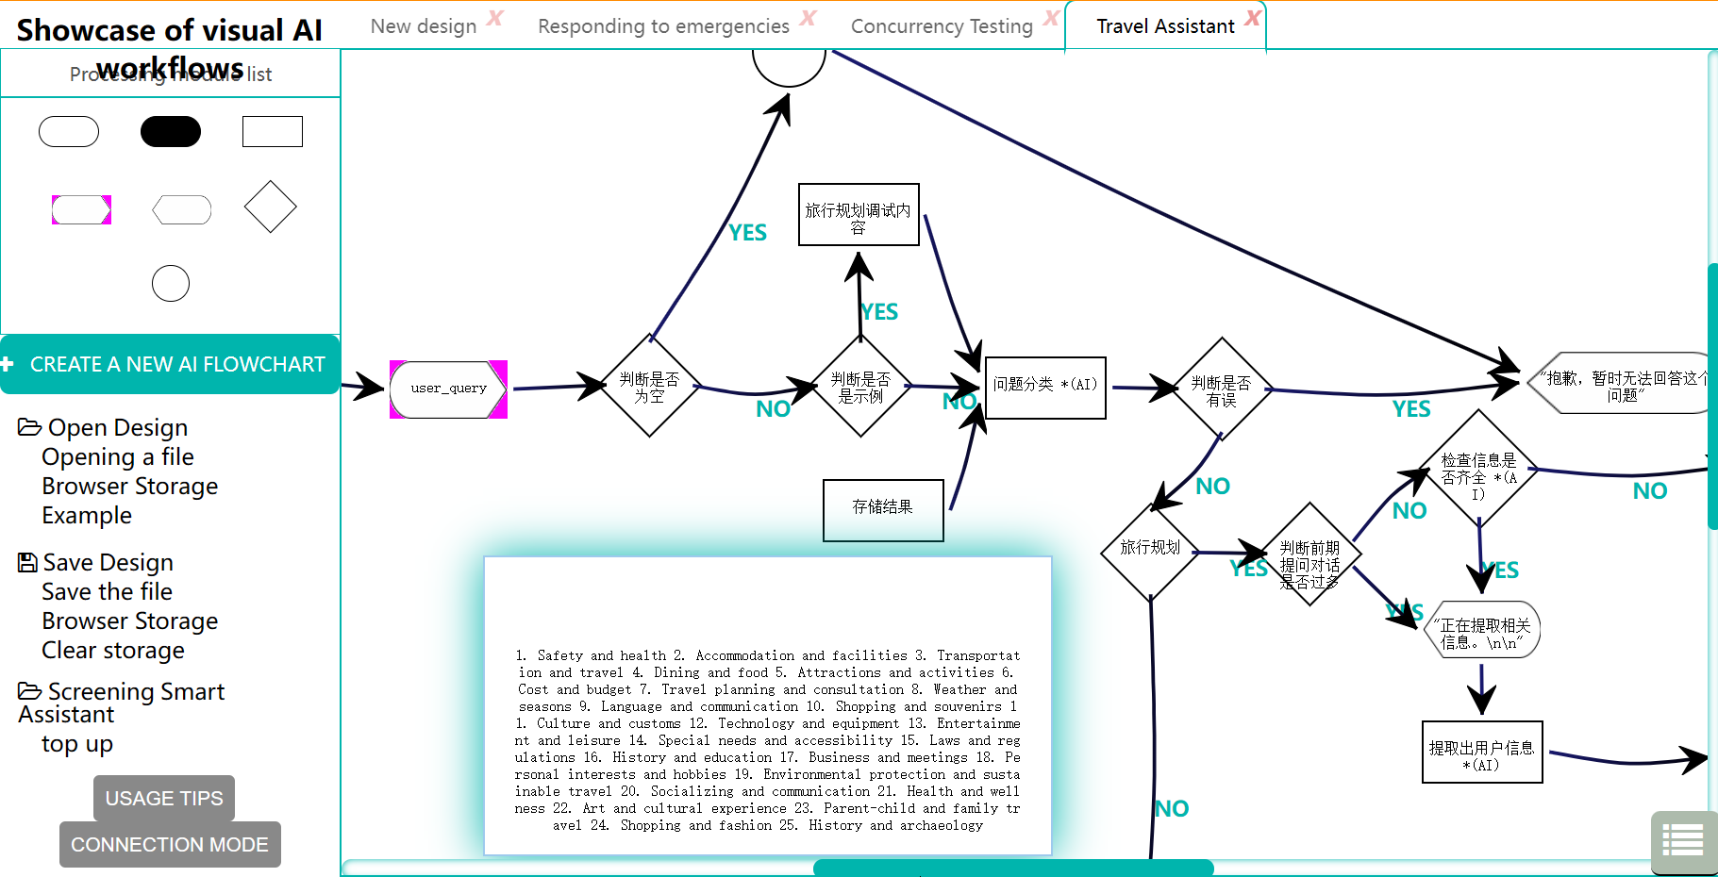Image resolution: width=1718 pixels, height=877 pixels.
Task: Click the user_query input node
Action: (448, 389)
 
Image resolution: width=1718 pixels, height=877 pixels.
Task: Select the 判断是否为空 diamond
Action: (649, 387)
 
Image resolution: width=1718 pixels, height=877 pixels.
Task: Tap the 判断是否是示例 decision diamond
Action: (860, 387)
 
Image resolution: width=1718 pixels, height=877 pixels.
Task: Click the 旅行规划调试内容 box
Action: (859, 215)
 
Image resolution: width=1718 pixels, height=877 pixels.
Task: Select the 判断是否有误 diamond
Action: (1222, 389)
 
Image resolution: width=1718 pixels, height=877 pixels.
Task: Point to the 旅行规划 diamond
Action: (1150, 550)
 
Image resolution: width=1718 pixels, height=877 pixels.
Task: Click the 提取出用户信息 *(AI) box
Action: (1482, 753)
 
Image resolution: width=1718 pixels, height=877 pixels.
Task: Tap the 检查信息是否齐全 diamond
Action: (1478, 469)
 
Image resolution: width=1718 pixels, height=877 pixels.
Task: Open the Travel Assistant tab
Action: (1165, 26)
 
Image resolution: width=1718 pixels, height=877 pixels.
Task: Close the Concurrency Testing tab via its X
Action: (1051, 18)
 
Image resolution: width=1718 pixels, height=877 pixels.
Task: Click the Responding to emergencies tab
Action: (663, 26)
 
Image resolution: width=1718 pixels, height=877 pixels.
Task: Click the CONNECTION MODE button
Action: (170, 845)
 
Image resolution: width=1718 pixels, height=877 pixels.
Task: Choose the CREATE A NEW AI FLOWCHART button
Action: (170, 364)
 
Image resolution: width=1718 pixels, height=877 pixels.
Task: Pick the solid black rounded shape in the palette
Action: (171, 131)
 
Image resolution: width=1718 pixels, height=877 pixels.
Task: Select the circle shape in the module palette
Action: (171, 283)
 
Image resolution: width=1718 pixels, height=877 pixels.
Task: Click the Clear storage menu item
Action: (113, 651)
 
